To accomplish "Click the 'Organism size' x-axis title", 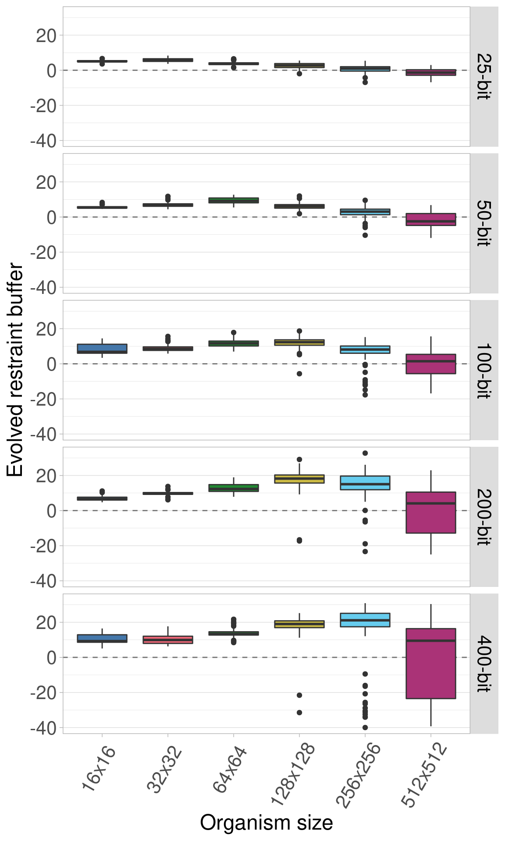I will point(266,822).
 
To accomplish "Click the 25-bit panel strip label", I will point(484,77).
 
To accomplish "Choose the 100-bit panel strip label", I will point(484,370).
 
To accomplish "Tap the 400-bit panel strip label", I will point(484,664).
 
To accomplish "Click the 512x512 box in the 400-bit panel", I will point(430,663).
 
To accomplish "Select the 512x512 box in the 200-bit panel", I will point(430,512).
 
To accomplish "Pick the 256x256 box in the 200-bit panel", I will point(365,483).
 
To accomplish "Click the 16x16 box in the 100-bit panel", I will point(102,349).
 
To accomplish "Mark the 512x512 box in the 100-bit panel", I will point(430,364).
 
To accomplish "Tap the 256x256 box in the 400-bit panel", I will point(365,620).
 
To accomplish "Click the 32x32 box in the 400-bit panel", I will point(168,640).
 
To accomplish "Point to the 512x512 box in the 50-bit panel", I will point(430,219).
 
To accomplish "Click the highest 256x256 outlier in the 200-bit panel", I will point(365,453).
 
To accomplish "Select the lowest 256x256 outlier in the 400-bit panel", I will point(365,728).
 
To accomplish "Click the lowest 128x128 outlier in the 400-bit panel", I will point(299,713).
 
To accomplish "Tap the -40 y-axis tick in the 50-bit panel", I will point(44,288).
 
